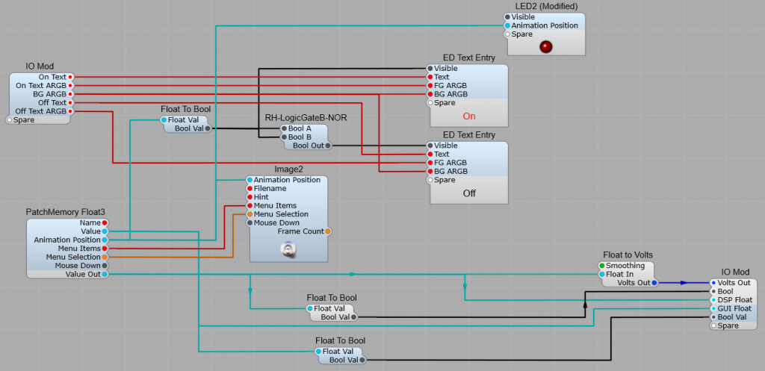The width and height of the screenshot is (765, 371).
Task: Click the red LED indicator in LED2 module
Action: pyautogui.click(x=546, y=47)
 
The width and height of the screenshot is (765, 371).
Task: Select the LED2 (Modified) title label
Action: pyautogui.click(x=546, y=7)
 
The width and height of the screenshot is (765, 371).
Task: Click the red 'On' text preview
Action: pyautogui.click(x=469, y=116)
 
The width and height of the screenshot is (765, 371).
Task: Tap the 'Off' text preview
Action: pyautogui.click(x=469, y=193)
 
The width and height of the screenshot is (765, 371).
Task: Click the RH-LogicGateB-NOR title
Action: pyautogui.click(x=306, y=117)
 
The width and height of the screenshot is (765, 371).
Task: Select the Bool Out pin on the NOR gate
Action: pyautogui.click(x=327, y=146)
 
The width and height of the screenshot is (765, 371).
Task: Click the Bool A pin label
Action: pyautogui.click(x=300, y=128)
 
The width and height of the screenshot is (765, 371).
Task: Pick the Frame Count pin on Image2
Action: pyautogui.click(x=327, y=231)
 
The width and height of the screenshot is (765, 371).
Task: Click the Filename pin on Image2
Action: pyautogui.click(x=250, y=189)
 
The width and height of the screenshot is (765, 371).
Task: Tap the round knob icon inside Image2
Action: pyautogui.click(x=288, y=249)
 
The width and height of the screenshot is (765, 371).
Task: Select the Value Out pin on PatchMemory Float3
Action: pyautogui.click(x=105, y=274)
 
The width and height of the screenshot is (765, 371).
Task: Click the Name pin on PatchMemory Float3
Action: pyautogui.click(x=105, y=222)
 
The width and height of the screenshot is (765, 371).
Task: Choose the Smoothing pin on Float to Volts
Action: pyautogui.click(x=602, y=266)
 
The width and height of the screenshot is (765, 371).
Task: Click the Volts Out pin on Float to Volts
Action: pyautogui.click(x=654, y=283)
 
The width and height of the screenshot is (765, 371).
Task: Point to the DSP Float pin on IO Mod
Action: pyautogui.click(x=713, y=300)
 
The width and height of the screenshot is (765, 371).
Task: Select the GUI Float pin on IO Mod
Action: pyautogui.click(x=713, y=308)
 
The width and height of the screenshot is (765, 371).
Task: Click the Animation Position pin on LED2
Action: pyautogui.click(x=508, y=25)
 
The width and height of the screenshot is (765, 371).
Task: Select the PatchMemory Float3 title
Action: pyautogui.click(x=66, y=212)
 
